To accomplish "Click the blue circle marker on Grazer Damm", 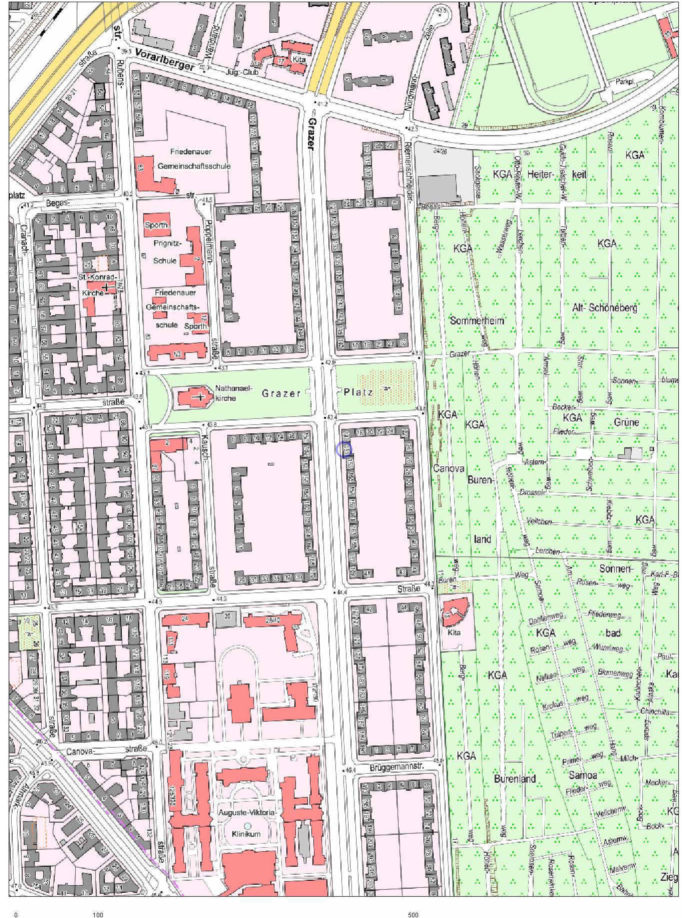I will coord(343,449).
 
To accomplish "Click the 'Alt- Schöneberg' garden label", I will coord(605,308).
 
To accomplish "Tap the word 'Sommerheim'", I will coord(477,320).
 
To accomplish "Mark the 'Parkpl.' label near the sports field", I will coord(625,82).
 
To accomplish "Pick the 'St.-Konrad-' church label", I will coord(98,277).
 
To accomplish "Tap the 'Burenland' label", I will coord(515,779).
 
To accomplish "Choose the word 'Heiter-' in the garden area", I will coord(540,174).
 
